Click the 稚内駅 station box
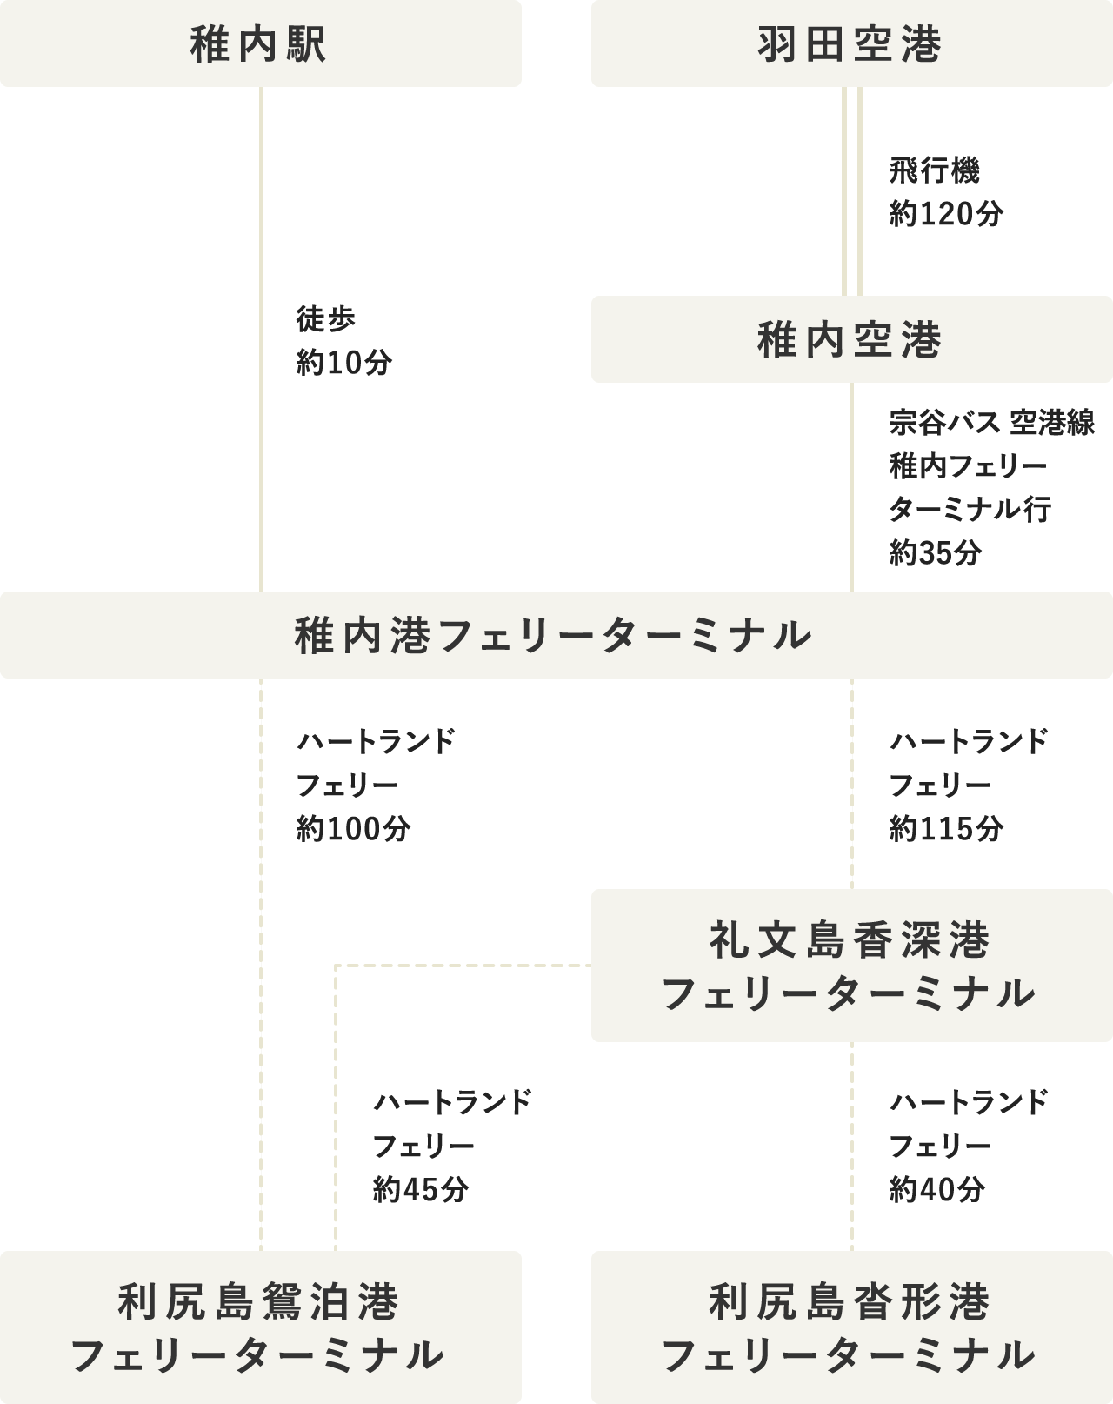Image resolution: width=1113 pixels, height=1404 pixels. [260, 43]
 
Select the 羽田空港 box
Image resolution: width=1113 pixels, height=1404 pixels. [851, 43]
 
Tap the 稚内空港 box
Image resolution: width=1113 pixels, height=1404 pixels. [851, 339]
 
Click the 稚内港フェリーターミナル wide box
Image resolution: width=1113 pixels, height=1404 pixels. [556, 635]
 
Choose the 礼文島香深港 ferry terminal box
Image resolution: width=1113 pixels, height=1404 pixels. [851, 966]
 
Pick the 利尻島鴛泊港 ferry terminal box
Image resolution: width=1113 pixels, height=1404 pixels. [260, 1327]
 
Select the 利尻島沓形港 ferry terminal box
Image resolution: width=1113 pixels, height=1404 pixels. [851, 1327]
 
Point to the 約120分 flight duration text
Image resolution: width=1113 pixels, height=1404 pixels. [946, 214]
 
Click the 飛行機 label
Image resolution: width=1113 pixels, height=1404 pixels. [934, 171]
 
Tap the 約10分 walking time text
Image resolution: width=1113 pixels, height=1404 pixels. [344, 363]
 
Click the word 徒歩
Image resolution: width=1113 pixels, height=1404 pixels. [325, 320]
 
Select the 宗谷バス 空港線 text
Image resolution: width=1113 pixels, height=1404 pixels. [991, 424]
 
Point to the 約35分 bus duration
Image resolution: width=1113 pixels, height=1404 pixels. [936, 552]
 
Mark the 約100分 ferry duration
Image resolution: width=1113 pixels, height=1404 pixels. [353, 829]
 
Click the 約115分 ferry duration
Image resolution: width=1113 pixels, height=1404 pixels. [946, 829]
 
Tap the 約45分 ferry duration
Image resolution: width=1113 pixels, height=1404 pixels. [421, 1189]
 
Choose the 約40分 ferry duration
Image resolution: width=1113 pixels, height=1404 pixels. [936, 1189]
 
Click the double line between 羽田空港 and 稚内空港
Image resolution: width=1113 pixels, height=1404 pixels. [851, 191]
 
